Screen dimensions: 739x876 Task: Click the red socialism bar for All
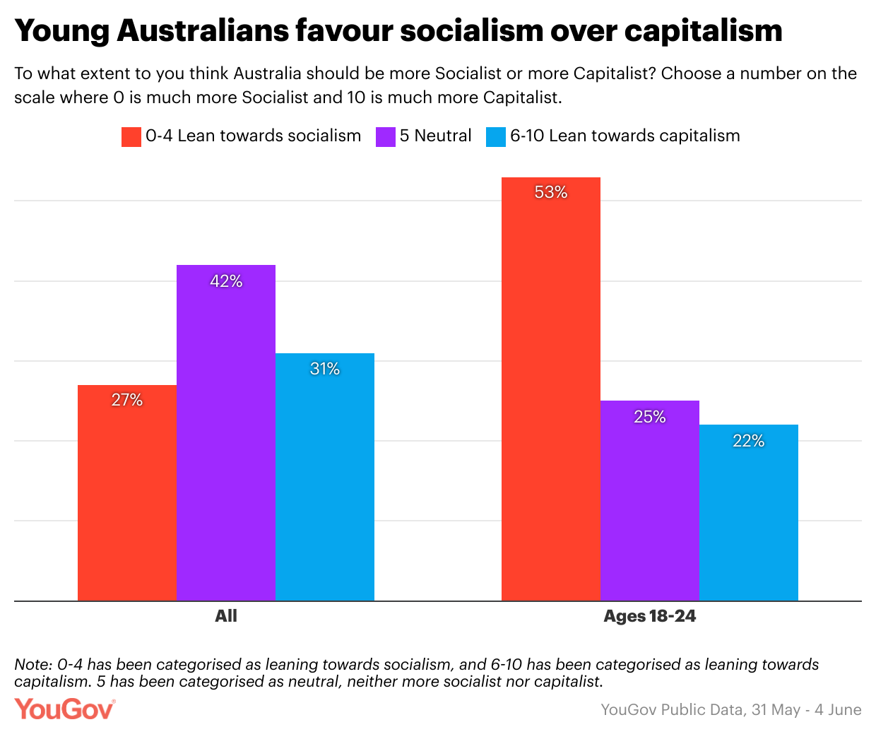point(127,495)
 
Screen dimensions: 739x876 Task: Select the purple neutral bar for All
point(226,438)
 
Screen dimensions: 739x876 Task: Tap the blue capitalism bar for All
point(325,480)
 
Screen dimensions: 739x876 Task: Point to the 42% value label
point(226,281)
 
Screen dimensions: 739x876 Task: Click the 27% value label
point(127,400)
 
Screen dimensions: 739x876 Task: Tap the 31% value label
point(325,369)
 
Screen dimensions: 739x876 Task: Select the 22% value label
point(749,441)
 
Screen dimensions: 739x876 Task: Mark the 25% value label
point(650,417)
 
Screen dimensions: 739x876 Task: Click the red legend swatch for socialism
point(131,136)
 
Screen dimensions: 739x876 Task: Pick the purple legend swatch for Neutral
point(385,136)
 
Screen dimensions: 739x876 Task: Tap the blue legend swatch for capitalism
point(496,136)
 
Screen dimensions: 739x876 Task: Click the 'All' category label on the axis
point(226,616)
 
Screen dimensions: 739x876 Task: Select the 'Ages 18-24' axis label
point(650,616)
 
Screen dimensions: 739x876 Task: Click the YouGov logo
point(64,709)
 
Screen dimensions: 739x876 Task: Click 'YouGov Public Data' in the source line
point(672,709)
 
